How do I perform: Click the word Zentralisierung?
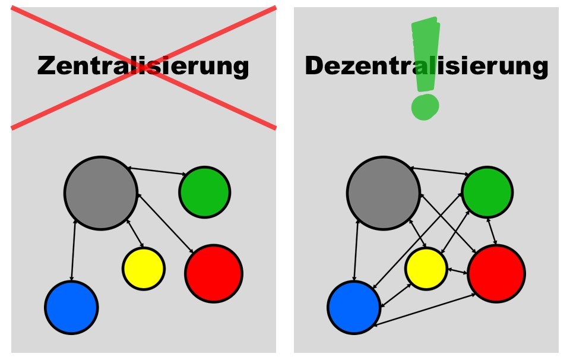(x=143, y=66)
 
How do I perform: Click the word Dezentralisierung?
(x=426, y=66)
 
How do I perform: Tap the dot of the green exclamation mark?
(x=425, y=107)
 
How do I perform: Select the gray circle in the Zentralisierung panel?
(x=101, y=193)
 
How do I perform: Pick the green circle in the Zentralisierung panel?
(x=205, y=192)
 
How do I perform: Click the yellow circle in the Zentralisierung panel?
(x=144, y=269)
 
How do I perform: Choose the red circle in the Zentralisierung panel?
(x=214, y=273)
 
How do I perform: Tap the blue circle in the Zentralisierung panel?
(x=71, y=307)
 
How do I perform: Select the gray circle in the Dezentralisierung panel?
(x=384, y=193)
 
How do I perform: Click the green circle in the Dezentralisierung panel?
(x=487, y=192)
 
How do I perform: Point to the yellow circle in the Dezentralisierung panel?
(x=426, y=269)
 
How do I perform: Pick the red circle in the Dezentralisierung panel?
(x=496, y=273)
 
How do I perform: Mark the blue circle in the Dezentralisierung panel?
(x=354, y=307)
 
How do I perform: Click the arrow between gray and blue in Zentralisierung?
(x=73, y=250)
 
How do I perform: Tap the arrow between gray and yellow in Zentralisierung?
(x=135, y=234)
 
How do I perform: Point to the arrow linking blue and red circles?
(x=425, y=310)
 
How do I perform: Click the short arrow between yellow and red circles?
(x=458, y=271)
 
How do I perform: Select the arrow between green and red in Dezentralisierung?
(x=492, y=231)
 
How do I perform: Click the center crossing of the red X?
(x=144, y=68)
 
